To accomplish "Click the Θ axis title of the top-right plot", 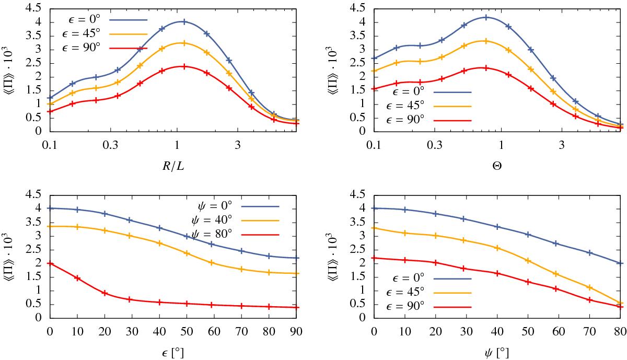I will tap(497, 167).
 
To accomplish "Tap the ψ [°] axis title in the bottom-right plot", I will tap(497, 353).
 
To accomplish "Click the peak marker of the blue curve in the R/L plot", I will tap(183, 21).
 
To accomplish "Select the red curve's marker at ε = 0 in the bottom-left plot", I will tap(50, 263).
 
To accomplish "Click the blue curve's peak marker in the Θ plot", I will tap(486, 17).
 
